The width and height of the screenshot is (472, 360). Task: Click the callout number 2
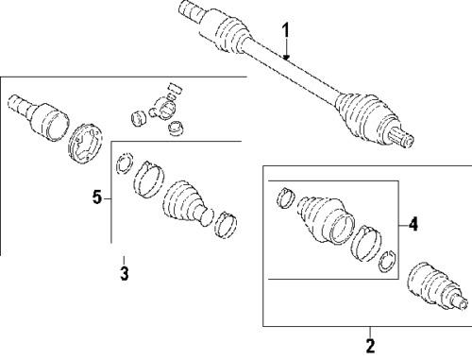click(369, 344)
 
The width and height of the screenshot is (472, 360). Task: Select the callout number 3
click(124, 274)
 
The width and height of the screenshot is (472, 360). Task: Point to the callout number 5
click(96, 197)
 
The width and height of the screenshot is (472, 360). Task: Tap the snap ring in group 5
click(123, 168)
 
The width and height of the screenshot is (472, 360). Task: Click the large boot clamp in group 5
click(146, 180)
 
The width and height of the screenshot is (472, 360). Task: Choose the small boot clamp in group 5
click(226, 224)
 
